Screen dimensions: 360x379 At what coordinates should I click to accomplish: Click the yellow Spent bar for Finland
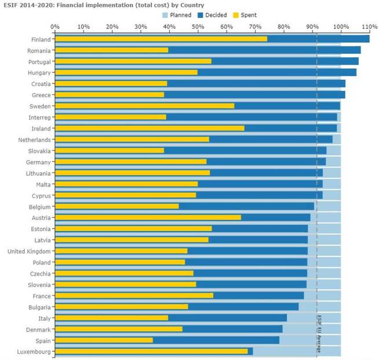coord(161,39)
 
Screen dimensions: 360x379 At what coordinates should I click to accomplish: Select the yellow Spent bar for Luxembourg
coord(151,351)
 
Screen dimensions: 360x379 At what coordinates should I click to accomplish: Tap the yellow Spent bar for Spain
coord(104,340)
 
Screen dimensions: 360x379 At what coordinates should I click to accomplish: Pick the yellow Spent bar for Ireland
coord(150,128)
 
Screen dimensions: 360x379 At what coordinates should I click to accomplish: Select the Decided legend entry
coord(212,15)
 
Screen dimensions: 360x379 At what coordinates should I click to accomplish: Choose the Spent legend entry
coord(247,15)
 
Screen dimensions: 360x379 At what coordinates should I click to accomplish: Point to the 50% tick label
coord(198,27)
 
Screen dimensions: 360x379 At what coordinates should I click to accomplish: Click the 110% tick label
coord(369,27)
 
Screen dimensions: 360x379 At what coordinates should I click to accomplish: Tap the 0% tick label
coord(55,27)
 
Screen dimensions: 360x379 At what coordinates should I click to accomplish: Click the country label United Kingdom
coord(29,251)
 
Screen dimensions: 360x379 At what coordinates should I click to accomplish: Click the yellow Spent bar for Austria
coord(148,218)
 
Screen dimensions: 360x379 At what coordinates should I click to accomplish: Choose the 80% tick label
coord(283,27)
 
